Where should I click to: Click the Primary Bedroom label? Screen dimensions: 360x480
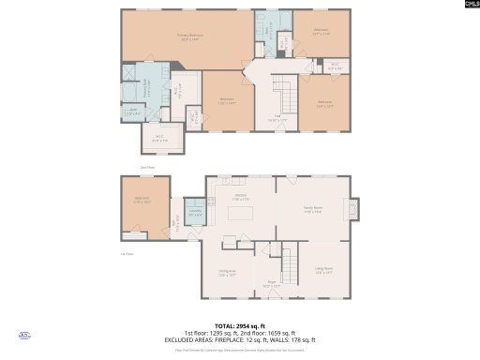(x=191, y=37)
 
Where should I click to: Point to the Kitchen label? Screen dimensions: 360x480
(x=239, y=196)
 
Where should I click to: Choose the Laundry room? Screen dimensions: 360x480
(x=195, y=212)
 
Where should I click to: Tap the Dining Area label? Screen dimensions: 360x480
(x=227, y=275)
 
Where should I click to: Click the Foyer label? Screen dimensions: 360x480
(x=272, y=284)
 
